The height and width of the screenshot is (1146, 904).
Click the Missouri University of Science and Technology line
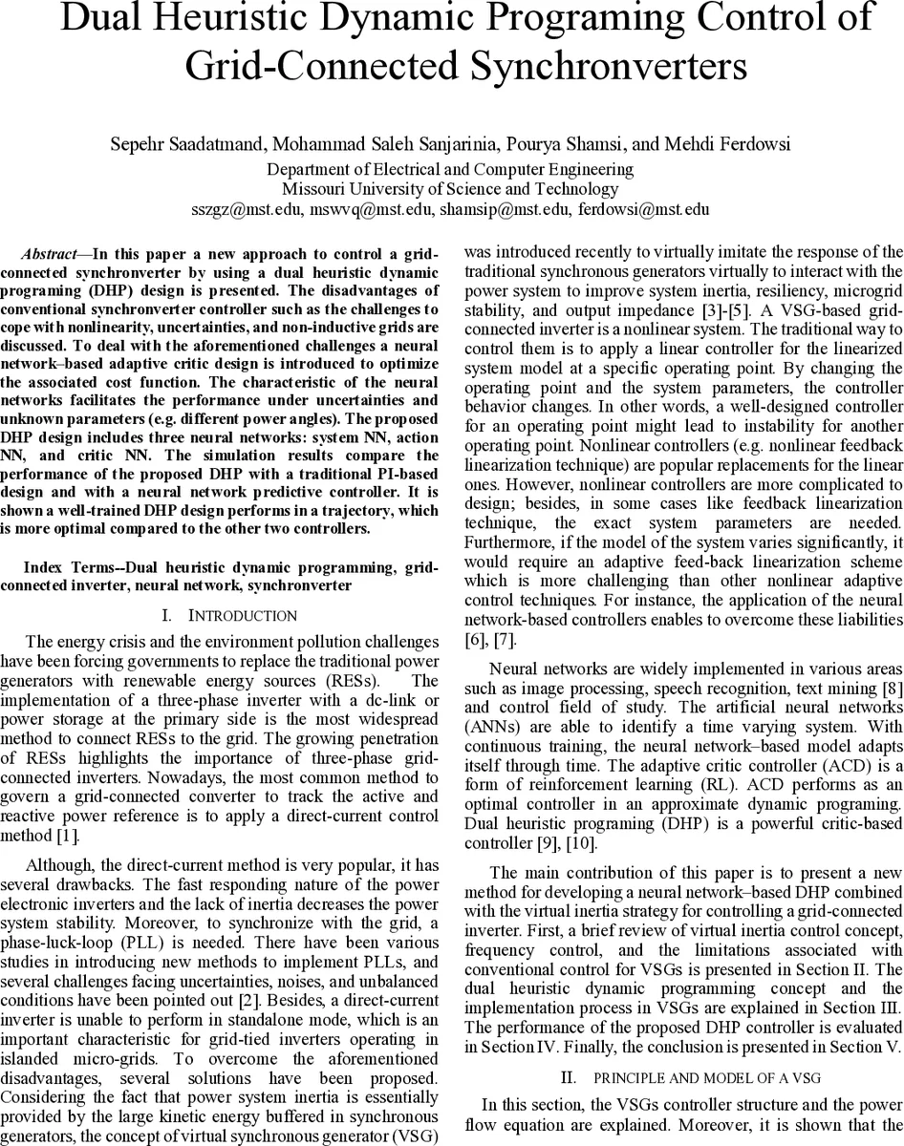[450, 189]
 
